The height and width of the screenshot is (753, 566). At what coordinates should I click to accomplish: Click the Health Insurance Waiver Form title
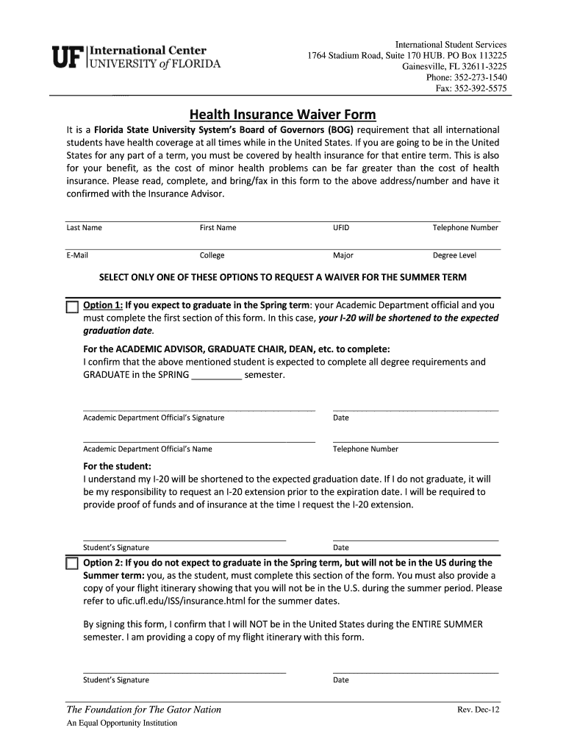coord(282,115)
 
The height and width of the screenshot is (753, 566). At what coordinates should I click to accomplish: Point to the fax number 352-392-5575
coord(482,88)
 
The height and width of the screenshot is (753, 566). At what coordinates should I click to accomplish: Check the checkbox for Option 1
coord(71,307)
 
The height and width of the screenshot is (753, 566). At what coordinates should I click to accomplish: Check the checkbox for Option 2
coord(71,564)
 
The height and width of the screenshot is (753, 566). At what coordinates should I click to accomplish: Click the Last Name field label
coord(84,228)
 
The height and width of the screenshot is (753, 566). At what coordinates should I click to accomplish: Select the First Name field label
coord(218,228)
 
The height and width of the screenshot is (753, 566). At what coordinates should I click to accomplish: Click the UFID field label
coord(341,228)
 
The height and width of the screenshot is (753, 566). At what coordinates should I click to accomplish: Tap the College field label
coord(212,256)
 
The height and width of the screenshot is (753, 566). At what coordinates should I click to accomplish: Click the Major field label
coord(343,256)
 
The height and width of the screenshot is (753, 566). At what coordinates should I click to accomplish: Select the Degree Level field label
coord(454,256)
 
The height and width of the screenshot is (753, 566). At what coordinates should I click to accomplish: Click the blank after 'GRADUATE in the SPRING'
coord(216,376)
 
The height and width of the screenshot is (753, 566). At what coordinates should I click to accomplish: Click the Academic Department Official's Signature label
coord(154,418)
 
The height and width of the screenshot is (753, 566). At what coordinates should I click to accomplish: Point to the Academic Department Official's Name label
coord(148,449)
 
